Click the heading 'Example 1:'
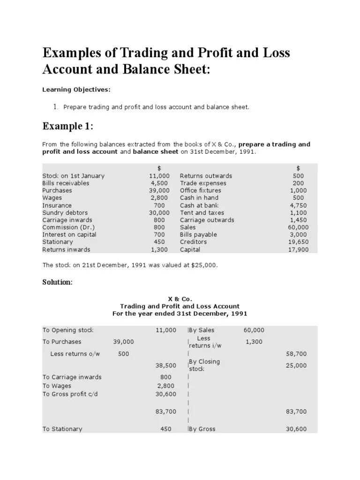click(68, 127)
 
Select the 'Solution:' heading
click(58, 282)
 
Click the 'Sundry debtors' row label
click(65, 213)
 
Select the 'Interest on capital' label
click(69, 234)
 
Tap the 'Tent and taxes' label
click(202, 213)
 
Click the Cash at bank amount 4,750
click(297, 205)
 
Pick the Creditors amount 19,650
click(297, 242)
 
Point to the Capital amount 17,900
click(297, 249)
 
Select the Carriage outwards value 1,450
click(297, 220)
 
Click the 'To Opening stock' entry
click(67, 330)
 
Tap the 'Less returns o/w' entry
click(75, 354)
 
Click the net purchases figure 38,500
click(166, 365)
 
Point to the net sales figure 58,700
click(296, 354)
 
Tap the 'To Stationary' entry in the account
click(62, 429)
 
